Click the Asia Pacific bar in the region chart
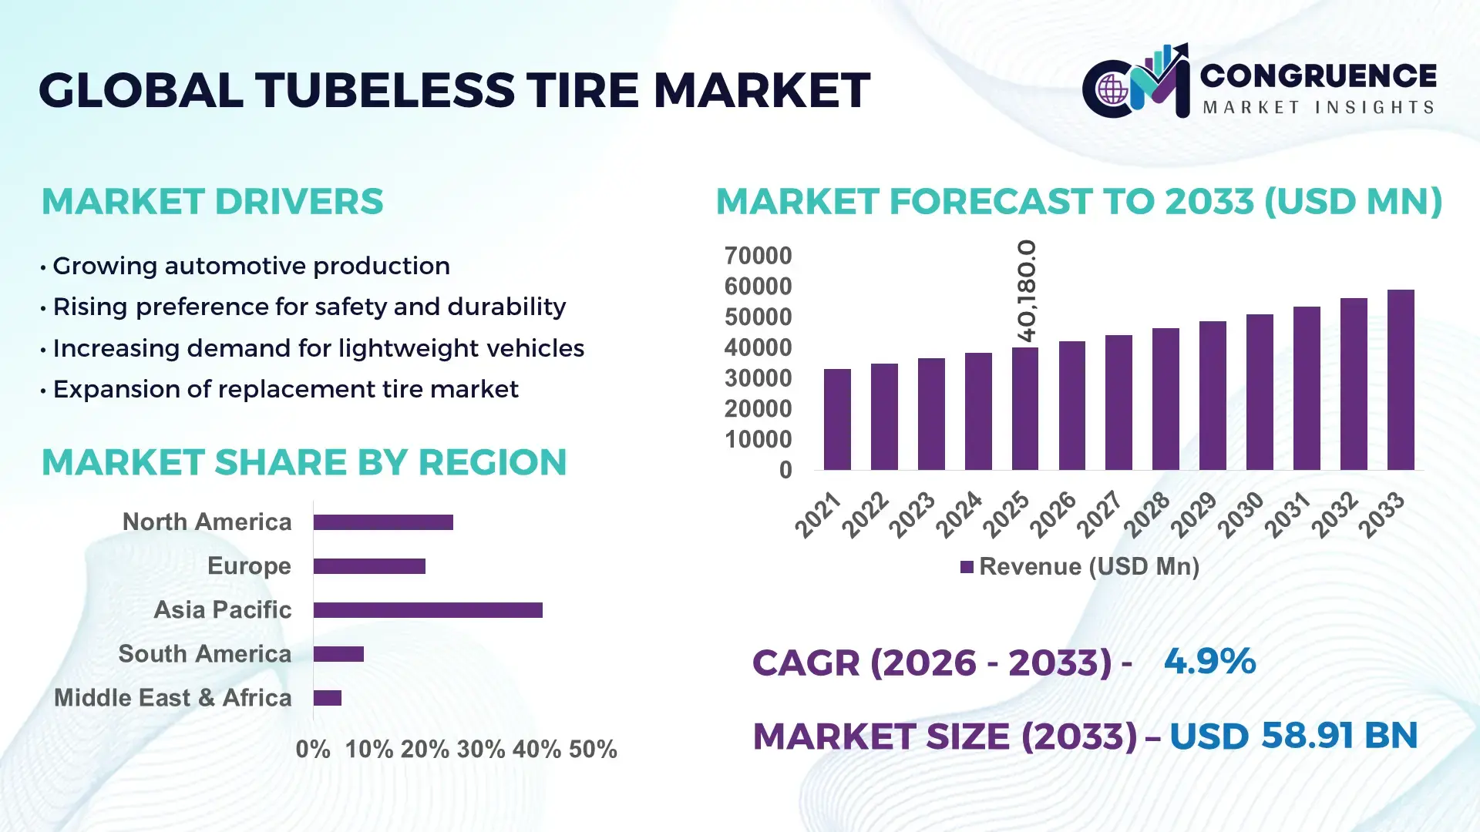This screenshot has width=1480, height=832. click(428, 610)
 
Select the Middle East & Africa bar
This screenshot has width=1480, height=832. click(328, 698)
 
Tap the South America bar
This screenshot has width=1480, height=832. click(338, 654)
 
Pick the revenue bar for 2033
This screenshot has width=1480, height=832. click(1401, 380)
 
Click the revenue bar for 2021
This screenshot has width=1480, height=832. click(837, 419)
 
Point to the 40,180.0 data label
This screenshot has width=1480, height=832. click(1027, 290)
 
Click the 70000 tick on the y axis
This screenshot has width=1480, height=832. click(758, 256)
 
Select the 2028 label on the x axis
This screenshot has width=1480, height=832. click(1148, 514)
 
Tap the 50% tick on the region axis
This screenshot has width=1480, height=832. click(593, 750)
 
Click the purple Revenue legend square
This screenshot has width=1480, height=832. click(967, 568)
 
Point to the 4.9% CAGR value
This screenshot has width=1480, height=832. click(1209, 662)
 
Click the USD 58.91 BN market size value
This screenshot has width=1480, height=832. click(1293, 736)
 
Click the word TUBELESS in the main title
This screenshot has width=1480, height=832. click(385, 90)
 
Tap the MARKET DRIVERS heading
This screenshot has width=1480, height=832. click(212, 202)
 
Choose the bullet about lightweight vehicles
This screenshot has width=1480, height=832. click(318, 348)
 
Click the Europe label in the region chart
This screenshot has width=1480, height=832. click(249, 566)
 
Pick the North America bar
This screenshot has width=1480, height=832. click(383, 522)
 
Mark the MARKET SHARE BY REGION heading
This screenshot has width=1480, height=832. click(304, 463)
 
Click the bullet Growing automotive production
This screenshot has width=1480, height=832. click(251, 266)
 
